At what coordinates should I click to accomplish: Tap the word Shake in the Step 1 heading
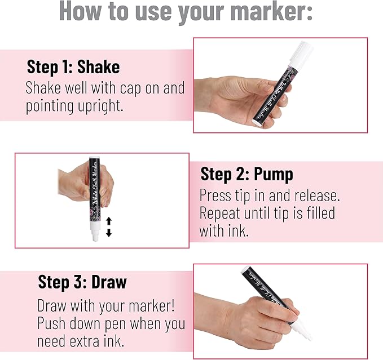(99, 66)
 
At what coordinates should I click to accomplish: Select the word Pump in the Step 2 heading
(274, 174)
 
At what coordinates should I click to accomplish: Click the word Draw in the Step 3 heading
(109, 282)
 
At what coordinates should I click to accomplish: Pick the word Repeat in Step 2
(219, 213)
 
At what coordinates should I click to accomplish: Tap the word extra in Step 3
(85, 341)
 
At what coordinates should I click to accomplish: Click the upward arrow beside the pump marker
(109, 221)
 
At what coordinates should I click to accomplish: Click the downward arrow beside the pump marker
(109, 233)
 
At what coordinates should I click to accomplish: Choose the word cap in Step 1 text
(131, 88)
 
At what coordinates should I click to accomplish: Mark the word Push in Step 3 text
(52, 323)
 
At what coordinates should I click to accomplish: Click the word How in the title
(80, 11)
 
